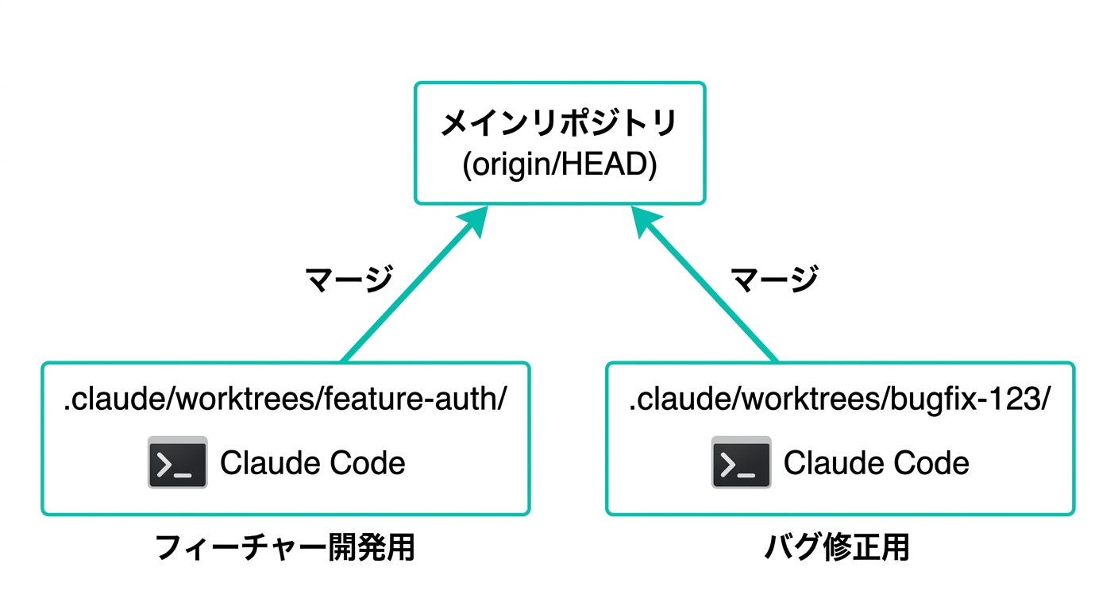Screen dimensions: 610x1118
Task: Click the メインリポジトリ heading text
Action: (559, 125)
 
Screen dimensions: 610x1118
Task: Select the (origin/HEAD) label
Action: (559, 168)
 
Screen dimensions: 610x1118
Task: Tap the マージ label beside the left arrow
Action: (349, 280)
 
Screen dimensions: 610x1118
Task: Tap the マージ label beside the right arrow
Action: (774, 280)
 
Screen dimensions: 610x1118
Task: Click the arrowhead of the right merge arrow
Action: (645, 222)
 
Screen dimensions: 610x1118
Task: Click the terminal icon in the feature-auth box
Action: (177, 462)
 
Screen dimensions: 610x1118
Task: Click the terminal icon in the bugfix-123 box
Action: (741, 462)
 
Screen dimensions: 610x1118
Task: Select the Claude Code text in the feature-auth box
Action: (312, 463)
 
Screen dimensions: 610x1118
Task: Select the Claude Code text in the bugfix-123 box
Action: (876, 463)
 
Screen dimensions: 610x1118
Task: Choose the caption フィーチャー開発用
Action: (284, 548)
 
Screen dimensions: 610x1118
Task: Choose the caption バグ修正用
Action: (838, 548)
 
